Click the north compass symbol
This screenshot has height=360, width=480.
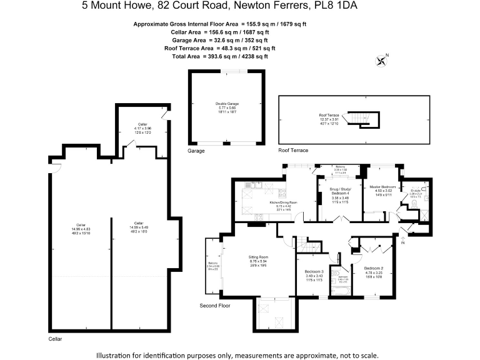(x=382, y=61)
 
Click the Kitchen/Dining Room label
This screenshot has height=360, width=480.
(x=283, y=206)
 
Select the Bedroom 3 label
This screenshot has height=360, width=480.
(x=314, y=273)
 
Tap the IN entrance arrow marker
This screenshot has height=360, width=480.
(x=402, y=242)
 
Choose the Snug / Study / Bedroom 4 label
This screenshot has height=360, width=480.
(x=341, y=194)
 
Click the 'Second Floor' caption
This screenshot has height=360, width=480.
(x=215, y=306)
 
